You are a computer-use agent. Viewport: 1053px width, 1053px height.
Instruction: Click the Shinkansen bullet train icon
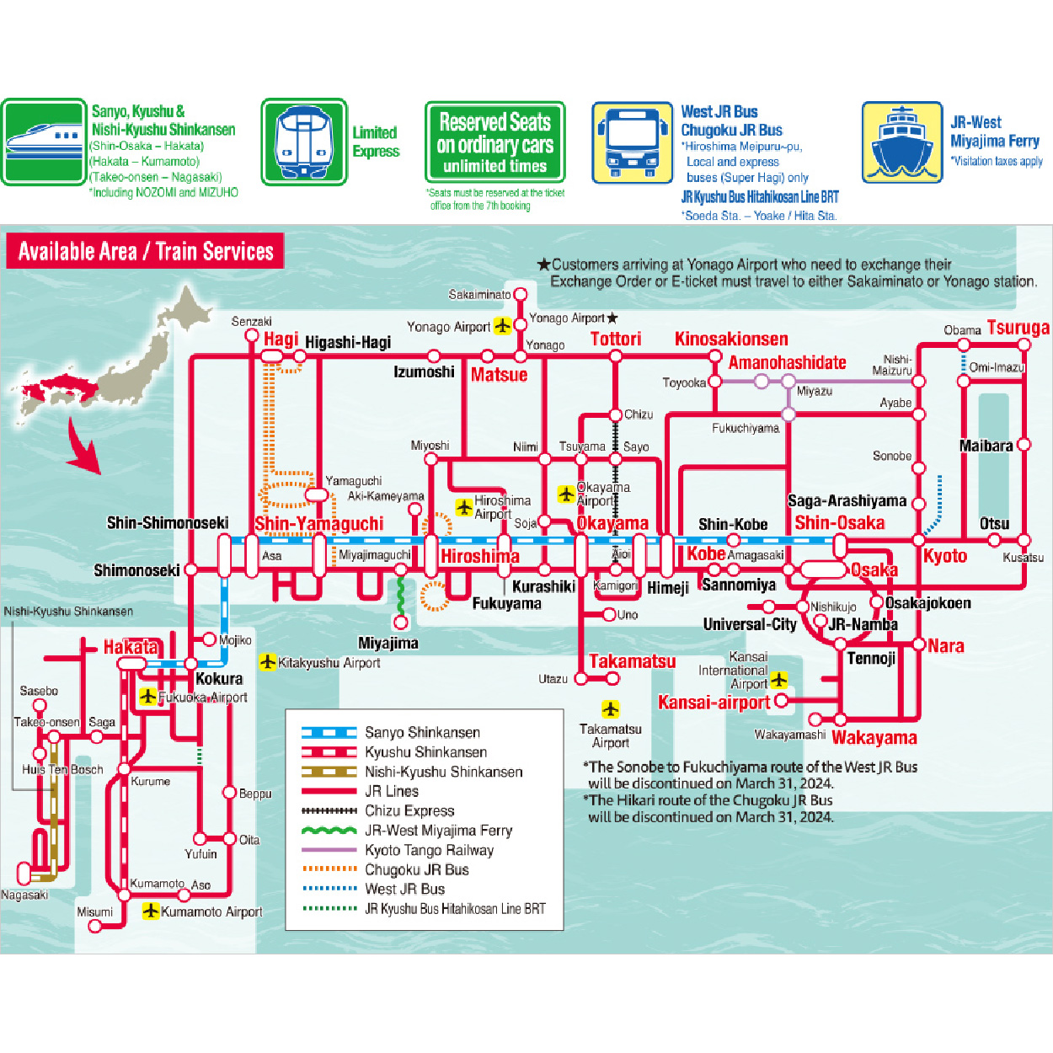click(44, 142)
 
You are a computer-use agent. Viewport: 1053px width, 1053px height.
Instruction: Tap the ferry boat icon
click(901, 142)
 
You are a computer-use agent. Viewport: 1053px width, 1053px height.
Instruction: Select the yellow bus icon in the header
click(632, 142)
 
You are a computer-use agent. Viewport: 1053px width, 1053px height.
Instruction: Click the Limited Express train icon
click(303, 142)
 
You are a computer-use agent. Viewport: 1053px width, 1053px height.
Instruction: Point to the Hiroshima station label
click(479, 556)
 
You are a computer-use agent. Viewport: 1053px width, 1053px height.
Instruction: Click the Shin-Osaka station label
click(839, 522)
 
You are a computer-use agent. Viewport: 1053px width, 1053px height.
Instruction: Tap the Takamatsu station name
click(632, 661)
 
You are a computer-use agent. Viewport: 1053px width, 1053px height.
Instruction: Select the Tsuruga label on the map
click(1018, 328)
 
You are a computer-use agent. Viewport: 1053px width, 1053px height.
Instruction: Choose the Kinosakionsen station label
click(731, 339)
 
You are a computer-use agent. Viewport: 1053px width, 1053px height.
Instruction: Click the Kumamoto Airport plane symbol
click(151, 911)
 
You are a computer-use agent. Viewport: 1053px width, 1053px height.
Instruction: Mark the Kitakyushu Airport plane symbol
click(268, 662)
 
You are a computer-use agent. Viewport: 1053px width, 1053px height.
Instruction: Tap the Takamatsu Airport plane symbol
click(610, 708)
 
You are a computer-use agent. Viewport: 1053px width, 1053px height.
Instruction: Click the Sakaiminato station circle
click(521, 294)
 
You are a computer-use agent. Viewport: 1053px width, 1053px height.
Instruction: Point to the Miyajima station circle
click(401, 623)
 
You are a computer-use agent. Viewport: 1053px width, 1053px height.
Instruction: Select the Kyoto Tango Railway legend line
click(329, 850)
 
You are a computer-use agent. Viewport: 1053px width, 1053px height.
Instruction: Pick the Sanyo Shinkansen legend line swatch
click(329, 733)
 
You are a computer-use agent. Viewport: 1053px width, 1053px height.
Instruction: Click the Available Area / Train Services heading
click(145, 251)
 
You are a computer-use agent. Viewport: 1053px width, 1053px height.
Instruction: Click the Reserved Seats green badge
click(494, 142)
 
